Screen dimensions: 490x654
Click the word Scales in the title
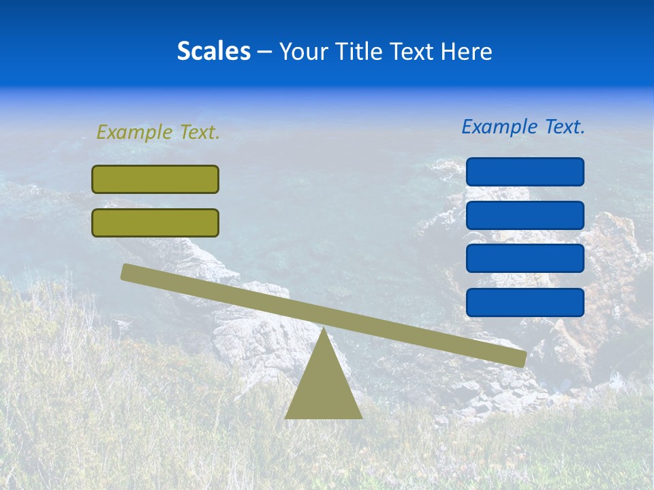213,51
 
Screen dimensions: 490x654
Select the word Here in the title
467,51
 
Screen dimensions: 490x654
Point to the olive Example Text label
158,133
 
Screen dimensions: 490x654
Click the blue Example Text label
523,127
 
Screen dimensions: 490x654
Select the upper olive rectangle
155,179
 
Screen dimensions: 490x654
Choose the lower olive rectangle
155,223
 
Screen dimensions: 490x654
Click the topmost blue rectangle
525,171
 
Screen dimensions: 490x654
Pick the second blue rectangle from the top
525,215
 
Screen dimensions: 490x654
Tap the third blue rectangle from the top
525,259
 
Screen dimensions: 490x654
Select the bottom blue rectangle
525,302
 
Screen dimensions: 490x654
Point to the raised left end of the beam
127,272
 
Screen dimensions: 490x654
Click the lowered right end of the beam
521,359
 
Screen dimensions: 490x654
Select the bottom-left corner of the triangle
286,417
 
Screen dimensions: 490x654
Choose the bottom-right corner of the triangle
361,417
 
